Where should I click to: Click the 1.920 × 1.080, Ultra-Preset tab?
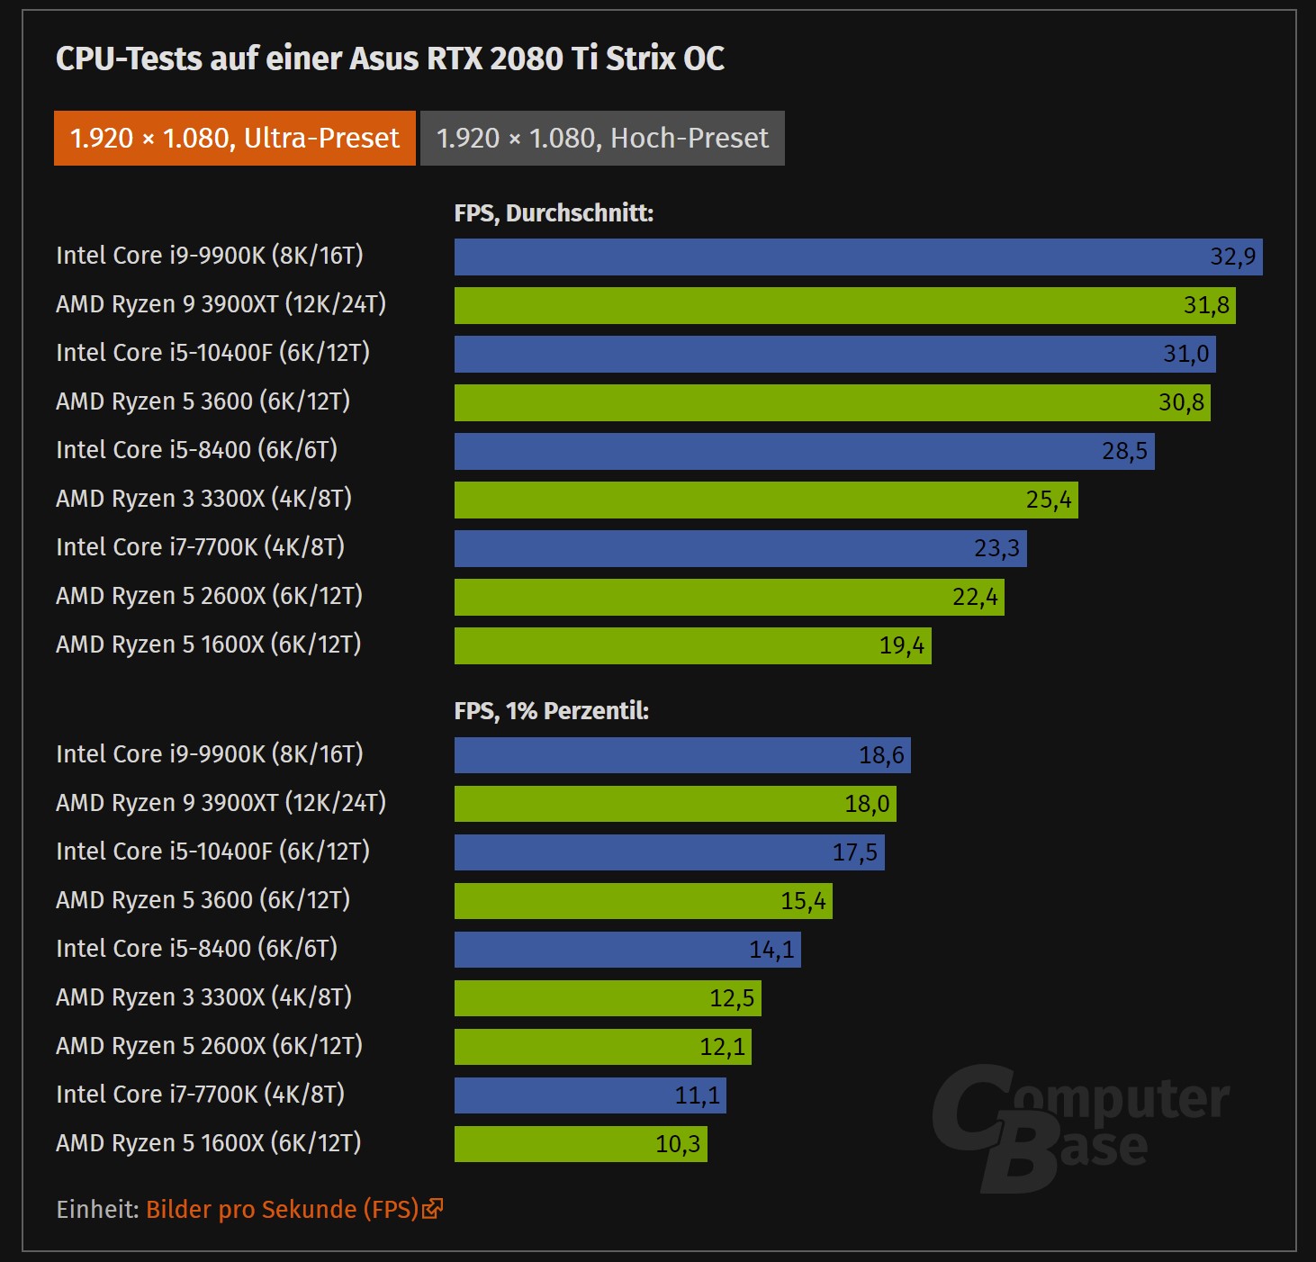[x=234, y=138]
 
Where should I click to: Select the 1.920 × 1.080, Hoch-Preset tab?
[x=602, y=138]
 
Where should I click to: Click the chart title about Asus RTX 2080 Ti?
[x=390, y=59]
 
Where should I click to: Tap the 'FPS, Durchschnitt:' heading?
[x=554, y=213]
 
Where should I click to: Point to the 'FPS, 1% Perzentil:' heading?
[x=551, y=711]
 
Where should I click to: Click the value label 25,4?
[x=1049, y=500]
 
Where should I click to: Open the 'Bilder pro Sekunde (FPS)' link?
[x=282, y=1209]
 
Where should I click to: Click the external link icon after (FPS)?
[x=433, y=1208]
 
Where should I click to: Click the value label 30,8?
[x=1181, y=402]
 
